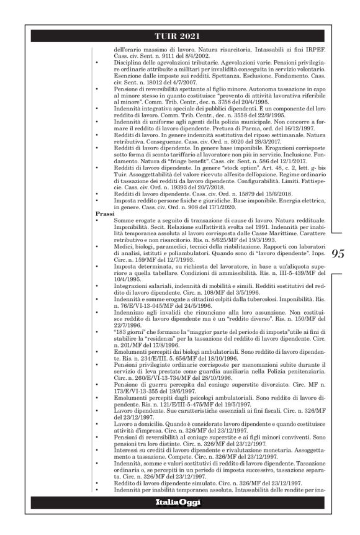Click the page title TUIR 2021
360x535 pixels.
[179, 35]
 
